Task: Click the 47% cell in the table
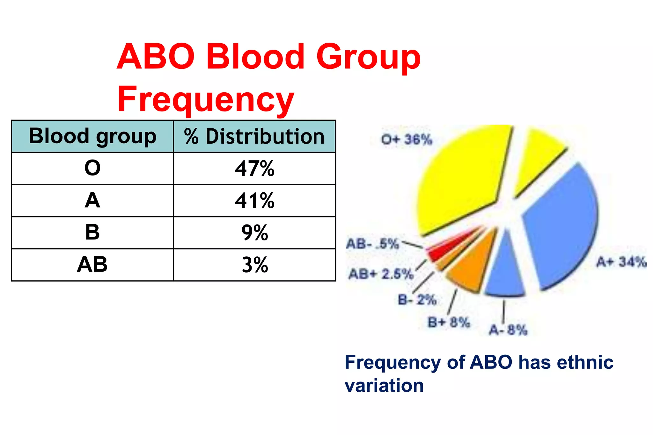click(x=254, y=168)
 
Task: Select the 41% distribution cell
click(x=254, y=201)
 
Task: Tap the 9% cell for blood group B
click(x=254, y=233)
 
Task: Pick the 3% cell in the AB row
click(x=254, y=265)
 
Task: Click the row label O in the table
click(x=92, y=168)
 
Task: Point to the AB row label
click(x=92, y=265)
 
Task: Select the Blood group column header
click(x=92, y=136)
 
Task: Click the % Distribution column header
click(x=254, y=137)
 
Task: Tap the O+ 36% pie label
click(x=407, y=139)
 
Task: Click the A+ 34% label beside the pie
click(x=621, y=262)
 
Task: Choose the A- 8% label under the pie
click(x=508, y=330)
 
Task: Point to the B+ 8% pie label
click(x=449, y=322)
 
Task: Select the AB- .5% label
click(x=372, y=244)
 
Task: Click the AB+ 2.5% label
click(x=381, y=274)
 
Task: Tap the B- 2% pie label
click(x=417, y=300)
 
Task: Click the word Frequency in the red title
click(x=206, y=99)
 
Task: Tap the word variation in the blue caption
click(x=384, y=386)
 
